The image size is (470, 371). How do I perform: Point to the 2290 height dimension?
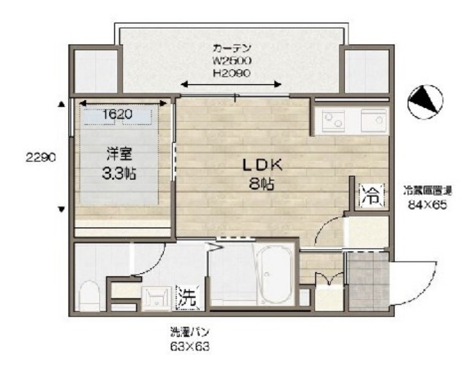(39, 157)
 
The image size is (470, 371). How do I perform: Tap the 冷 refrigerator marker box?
(370, 195)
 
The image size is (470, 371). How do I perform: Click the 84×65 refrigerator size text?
(422, 205)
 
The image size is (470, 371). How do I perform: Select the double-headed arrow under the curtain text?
(232, 84)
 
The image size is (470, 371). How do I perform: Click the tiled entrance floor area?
(368, 281)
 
